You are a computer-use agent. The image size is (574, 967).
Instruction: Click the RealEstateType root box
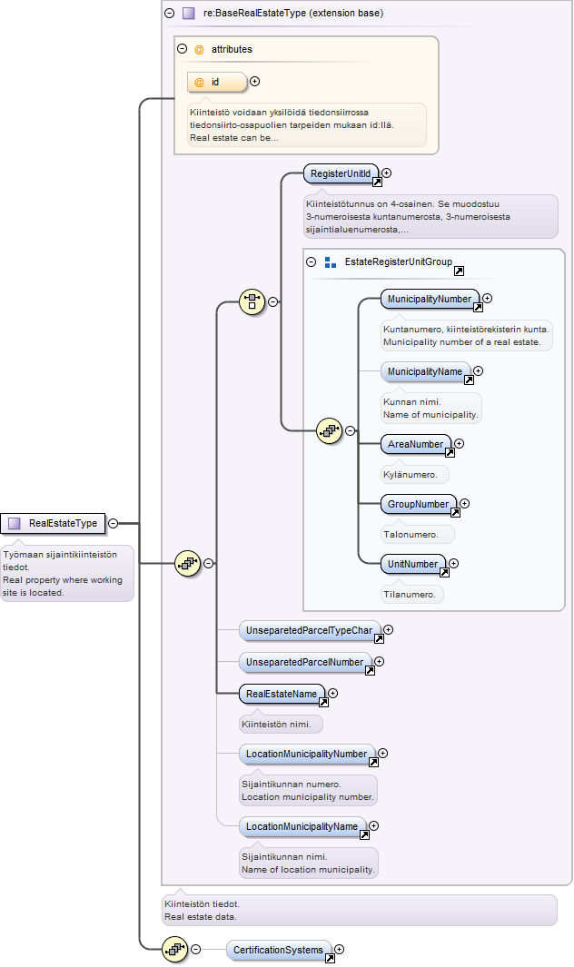coord(53,523)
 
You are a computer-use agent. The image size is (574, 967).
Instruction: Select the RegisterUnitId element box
coord(341,173)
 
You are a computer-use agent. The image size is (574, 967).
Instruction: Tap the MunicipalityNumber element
coord(430,299)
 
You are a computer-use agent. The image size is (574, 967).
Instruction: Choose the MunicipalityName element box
coord(425,371)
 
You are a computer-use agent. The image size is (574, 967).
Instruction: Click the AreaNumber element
coord(415,444)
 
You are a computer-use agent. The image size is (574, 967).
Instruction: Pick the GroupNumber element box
coord(419,504)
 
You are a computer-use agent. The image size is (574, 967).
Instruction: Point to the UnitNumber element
coord(413,564)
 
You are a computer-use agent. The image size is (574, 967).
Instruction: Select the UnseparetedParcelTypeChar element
coord(309,630)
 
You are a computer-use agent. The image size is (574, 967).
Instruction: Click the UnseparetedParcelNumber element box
coord(305,662)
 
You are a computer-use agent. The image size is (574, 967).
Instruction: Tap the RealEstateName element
coord(282,694)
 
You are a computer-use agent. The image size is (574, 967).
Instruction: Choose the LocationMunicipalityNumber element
coord(307,754)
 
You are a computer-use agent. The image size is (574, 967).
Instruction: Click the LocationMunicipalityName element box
coord(302,826)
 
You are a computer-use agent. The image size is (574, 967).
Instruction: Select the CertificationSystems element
coord(278,950)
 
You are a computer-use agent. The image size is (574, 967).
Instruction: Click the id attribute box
coord(217,82)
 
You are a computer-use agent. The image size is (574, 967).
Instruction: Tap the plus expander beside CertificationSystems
coord(339,949)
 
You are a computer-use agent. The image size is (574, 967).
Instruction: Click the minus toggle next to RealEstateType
coord(113,523)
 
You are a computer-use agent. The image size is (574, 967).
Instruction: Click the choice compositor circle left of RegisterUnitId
coord(252,301)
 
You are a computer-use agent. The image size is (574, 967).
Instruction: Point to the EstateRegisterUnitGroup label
coord(398,261)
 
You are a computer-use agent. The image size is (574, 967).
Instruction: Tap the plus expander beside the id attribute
coord(254,82)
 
